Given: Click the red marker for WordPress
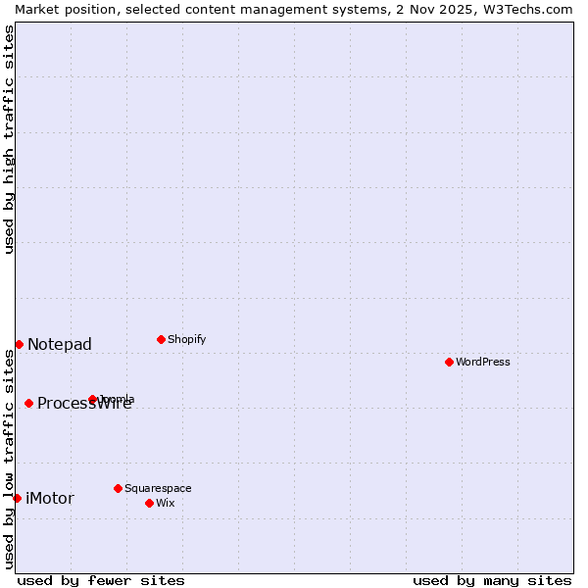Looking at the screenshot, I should click(x=449, y=362).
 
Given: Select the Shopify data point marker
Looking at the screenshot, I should click(x=161, y=339).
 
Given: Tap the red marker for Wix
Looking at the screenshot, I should click(x=149, y=503).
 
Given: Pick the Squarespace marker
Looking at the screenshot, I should click(x=118, y=488).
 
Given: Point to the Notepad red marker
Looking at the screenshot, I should click(x=19, y=344).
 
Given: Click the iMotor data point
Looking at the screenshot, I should click(x=17, y=498).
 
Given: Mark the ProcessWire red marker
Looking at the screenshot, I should click(x=28, y=403).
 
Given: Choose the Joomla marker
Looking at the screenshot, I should click(x=92, y=399).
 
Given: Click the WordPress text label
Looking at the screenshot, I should click(x=483, y=362).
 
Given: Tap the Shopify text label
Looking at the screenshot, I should click(x=187, y=339).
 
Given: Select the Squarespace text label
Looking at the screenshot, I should click(x=158, y=488).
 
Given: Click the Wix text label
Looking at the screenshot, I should click(x=165, y=503).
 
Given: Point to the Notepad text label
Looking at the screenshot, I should click(x=60, y=344).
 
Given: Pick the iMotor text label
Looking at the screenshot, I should click(x=50, y=498).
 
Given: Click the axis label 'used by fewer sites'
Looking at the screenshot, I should click(x=101, y=580).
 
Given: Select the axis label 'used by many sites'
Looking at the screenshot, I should click(x=492, y=580).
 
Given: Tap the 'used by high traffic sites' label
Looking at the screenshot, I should click(x=9, y=139).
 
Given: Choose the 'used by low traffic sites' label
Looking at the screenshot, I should click(x=9, y=459).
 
